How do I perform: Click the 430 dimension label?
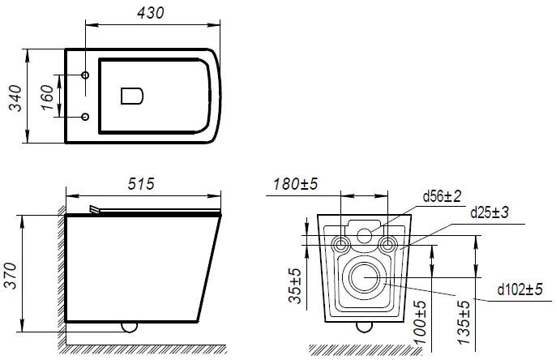point(151,13)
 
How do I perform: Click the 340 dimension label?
point(15,98)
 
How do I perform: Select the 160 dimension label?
point(47,97)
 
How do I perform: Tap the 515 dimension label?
point(141,184)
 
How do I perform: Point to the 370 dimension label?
point(10,276)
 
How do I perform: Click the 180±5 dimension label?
point(295,184)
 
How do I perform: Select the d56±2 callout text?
point(443,196)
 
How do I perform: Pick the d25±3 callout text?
point(490,212)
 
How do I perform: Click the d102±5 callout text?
point(520,289)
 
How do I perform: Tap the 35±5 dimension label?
point(295,286)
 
